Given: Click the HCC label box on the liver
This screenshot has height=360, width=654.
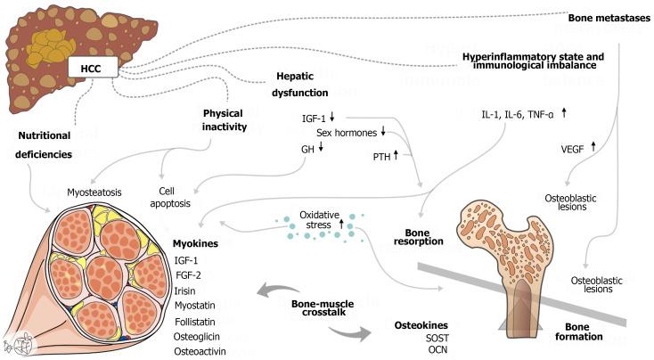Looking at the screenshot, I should (x=93, y=69).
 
